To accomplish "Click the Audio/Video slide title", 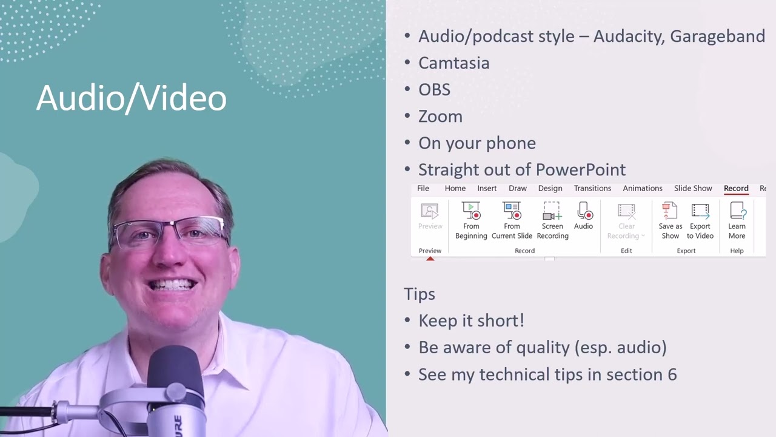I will (131, 98).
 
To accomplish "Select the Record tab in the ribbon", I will (736, 188).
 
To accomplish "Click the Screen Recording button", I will (552, 221).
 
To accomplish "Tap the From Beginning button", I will (471, 221).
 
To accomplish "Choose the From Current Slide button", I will (512, 221).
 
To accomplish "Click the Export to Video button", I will (700, 221).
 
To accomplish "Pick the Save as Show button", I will (670, 221).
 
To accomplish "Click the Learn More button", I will (737, 221).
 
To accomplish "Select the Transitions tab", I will (592, 188).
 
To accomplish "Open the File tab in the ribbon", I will (423, 188).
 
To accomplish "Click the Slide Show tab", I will (693, 188).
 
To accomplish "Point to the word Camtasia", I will (453, 63).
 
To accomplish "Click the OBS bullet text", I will (434, 90).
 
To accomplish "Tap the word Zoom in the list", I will (440, 117).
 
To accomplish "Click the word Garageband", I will (717, 36).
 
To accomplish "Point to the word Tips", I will (420, 294).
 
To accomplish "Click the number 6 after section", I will (672, 374).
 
